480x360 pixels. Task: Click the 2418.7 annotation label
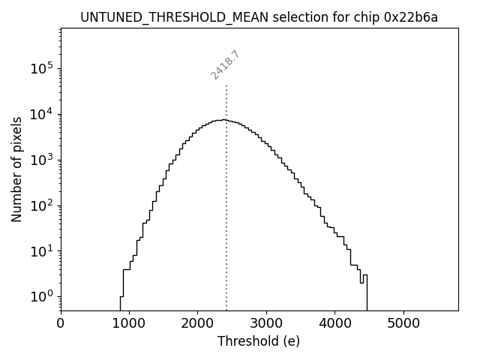(225, 65)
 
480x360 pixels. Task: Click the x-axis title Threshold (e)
(259, 341)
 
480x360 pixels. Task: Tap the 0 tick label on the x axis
(61, 323)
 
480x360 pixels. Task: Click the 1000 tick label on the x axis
(129, 323)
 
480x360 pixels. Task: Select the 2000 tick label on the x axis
(198, 323)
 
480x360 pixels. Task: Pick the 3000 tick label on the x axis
(266, 323)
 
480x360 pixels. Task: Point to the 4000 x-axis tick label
(335, 323)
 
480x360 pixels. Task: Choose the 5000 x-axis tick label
(403, 323)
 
